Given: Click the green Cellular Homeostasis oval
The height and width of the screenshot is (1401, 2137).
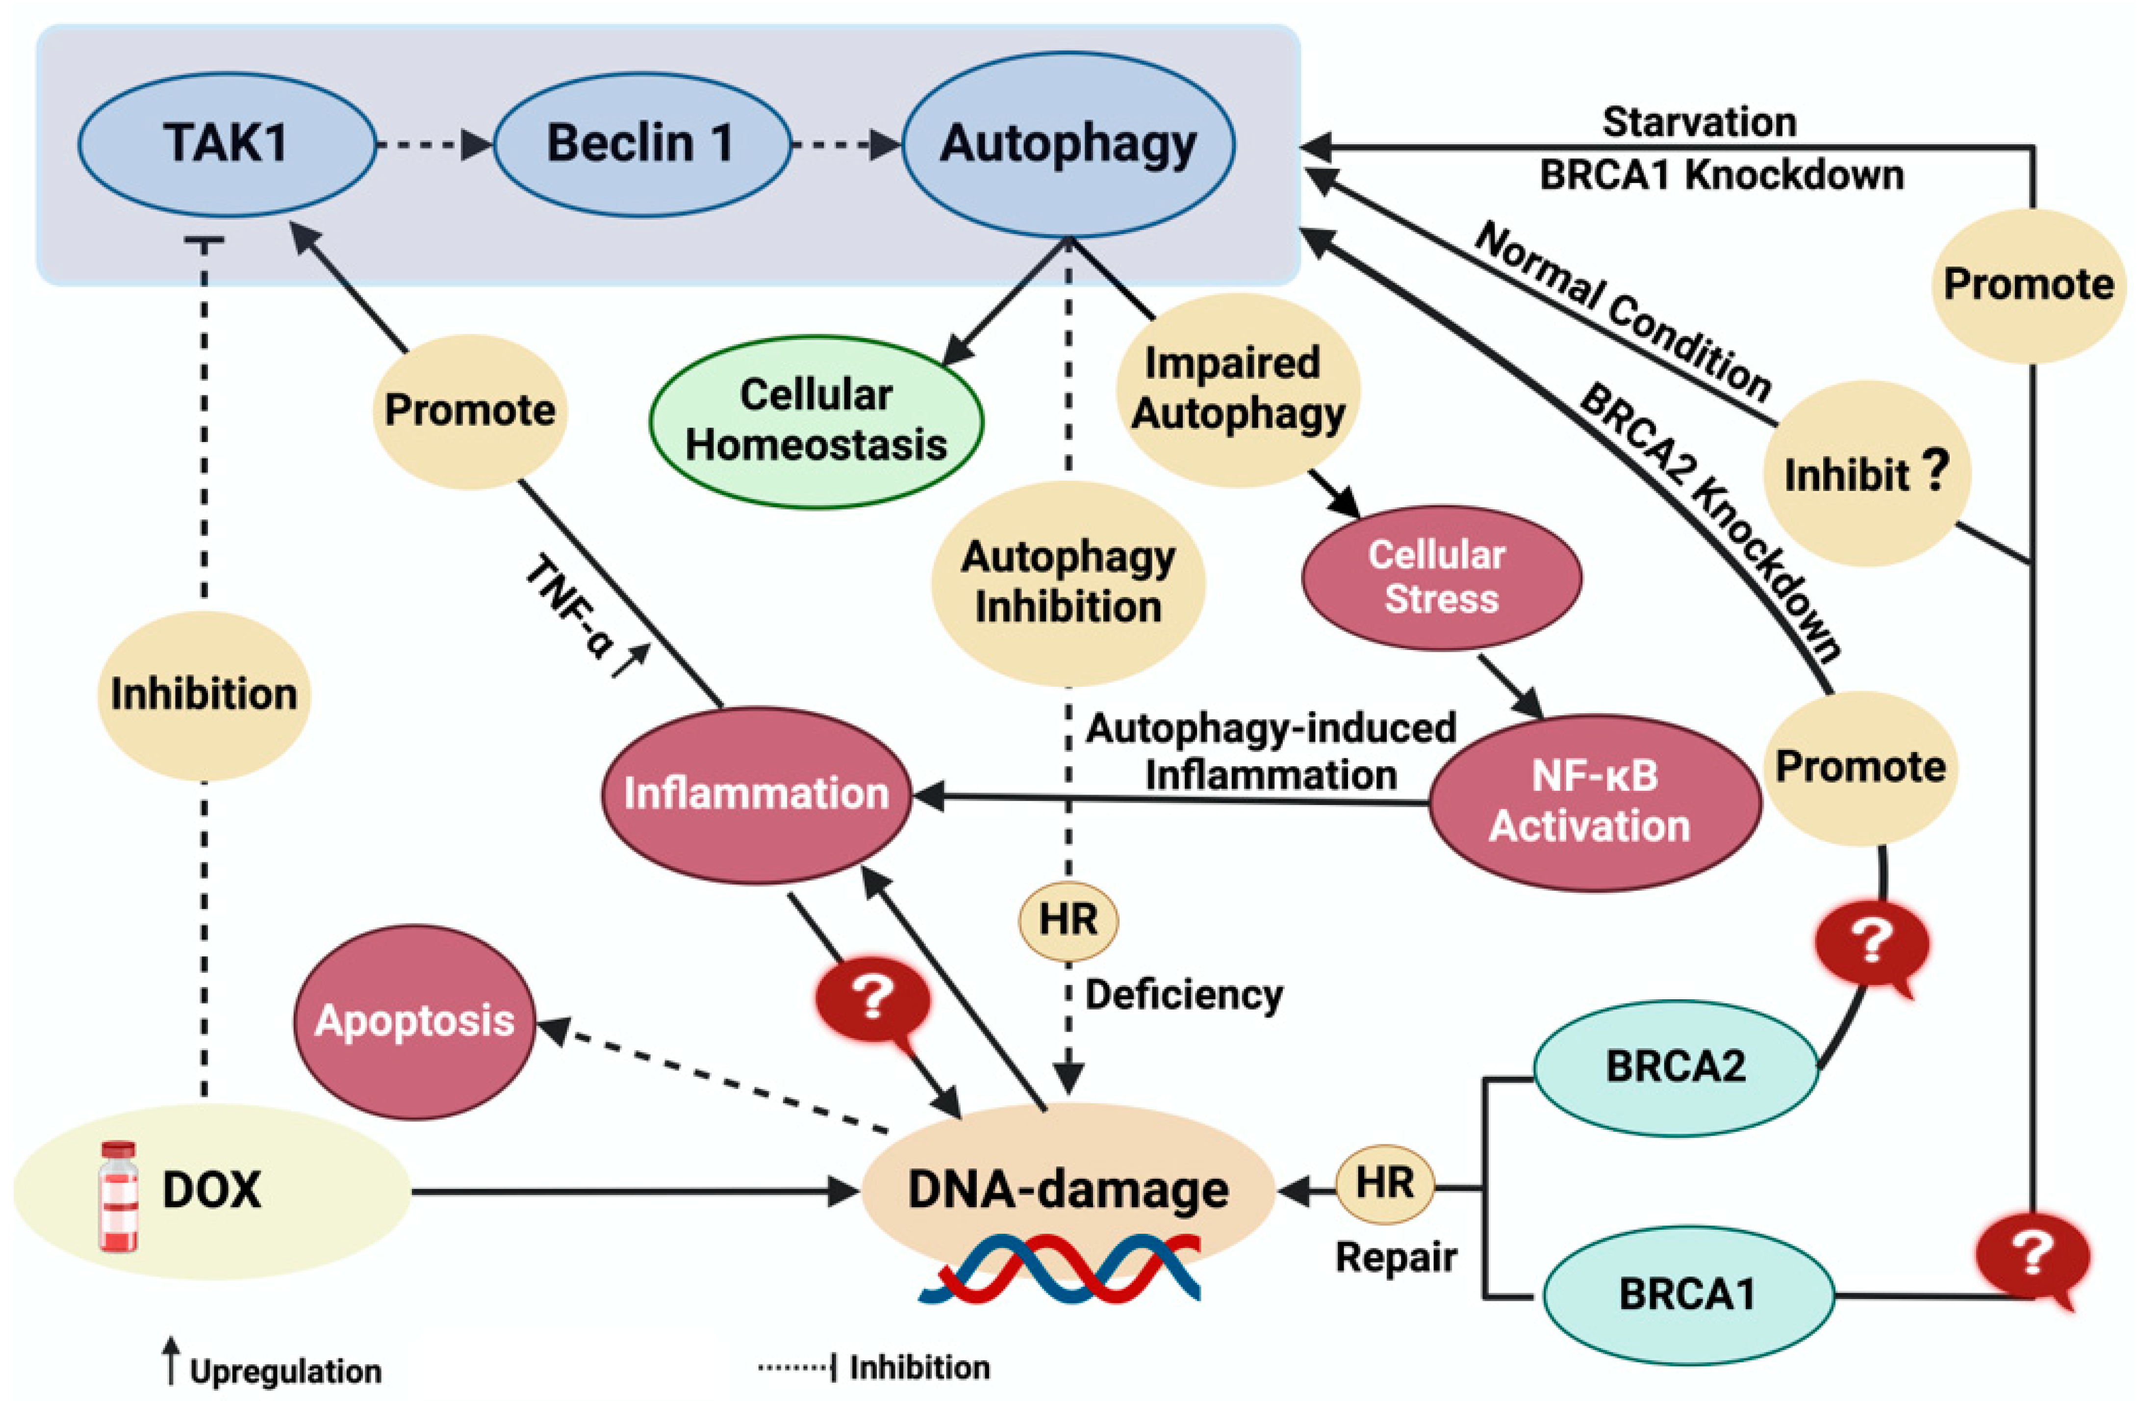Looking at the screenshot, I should (815, 420).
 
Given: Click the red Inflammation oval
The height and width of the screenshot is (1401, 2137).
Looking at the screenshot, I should (756, 794).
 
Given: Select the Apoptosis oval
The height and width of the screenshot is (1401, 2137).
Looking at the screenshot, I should (415, 1021).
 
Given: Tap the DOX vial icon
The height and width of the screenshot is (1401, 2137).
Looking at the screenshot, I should (119, 1196).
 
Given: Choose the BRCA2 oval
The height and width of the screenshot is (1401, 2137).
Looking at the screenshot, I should (1676, 1067).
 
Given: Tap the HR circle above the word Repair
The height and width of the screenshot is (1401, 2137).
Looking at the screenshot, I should (1385, 1184).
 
